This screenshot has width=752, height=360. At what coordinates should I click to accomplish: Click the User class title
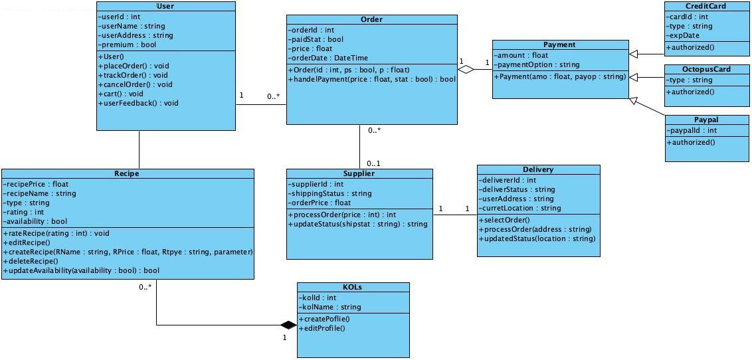pyautogui.click(x=165, y=6)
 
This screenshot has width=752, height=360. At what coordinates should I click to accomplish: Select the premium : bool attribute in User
pyautogui.click(x=128, y=45)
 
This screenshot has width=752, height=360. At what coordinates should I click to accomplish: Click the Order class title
pyautogui.click(x=371, y=19)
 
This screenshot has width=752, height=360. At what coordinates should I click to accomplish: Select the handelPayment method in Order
pyautogui.click(x=372, y=79)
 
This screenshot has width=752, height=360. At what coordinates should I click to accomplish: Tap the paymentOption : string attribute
pyautogui.click(x=537, y=64)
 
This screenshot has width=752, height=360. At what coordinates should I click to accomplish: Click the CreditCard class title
pyautogui.click(x=705, y=6)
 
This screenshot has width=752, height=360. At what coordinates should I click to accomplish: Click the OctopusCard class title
pyautogui.click(x=706, y=69)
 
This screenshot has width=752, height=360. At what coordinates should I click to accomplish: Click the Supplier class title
pyautogui.click(x=359, y=173)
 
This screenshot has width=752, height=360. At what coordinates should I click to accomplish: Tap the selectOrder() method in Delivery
pyautogui.click(x=504, y=220)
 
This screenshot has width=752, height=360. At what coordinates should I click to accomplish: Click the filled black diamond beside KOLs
pyautogui.click(x=288, y=325)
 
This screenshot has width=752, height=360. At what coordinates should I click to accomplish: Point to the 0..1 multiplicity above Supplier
pyautogui.click(x=373, y=163)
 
